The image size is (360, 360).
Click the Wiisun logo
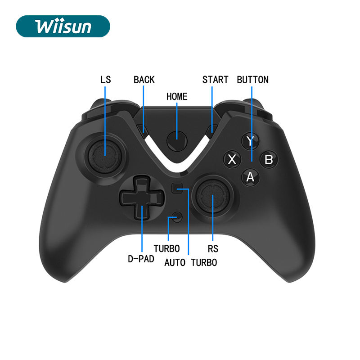click(63, 26)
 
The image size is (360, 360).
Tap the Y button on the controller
click(250, 141)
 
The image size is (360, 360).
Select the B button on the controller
click(269, 159)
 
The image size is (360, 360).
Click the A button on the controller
click(250, 177)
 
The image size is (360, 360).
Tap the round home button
click(177, 141)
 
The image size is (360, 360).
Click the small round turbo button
click(178, 217)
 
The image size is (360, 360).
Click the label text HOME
click(177, 96)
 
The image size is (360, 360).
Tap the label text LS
click(105, 80)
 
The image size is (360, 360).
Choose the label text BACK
click(144, 80)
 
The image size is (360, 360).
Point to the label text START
click(215, 80)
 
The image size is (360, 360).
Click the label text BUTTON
click(252, 80)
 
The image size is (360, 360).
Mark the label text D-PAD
click(141, 259)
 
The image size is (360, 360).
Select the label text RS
click(213, 248)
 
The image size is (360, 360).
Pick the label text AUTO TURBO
click(190, 262)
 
